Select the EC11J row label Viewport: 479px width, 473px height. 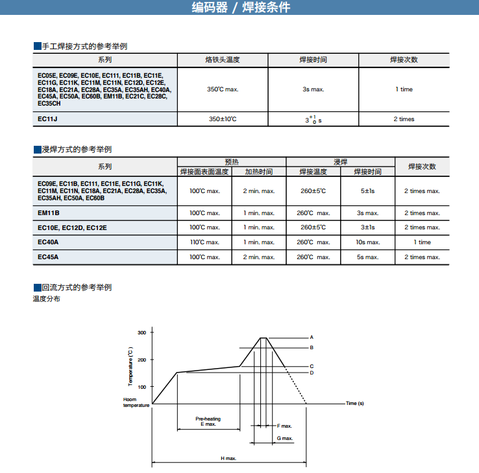point(48,119)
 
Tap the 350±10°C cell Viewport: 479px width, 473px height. point(223,119)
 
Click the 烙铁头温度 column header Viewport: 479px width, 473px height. point(223,60)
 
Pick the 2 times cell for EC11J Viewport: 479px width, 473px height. point(404,119)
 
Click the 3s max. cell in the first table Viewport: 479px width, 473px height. point(313,89)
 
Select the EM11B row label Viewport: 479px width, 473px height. point(49,213)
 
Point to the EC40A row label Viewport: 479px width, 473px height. point(48,242)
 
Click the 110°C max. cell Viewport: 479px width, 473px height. point(204,242)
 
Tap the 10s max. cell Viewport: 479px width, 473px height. point(367,242)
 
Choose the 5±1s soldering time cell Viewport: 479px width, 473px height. point(367,191)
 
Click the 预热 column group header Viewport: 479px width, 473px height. point(232,162)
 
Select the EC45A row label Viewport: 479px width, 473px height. point(48,257)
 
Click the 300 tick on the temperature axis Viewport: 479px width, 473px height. point(142,332)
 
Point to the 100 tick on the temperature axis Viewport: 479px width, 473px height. point(142,387)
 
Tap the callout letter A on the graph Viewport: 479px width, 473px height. point(312,338)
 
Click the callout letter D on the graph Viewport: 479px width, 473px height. point(312,373)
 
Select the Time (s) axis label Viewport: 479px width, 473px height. point(355,404)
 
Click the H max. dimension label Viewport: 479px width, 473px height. point(228,458)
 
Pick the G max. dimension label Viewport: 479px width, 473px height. point(285,439)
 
